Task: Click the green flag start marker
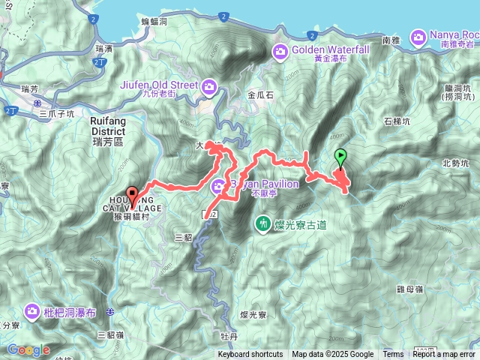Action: tap(341, 157)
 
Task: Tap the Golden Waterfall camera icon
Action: tap(280, 52)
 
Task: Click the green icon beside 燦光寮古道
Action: tap(263, 222)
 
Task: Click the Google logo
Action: tap(28, 349)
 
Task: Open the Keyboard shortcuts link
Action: tap(250, 355)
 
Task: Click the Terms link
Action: tap(393, 355)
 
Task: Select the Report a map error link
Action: tap(444, 355)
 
